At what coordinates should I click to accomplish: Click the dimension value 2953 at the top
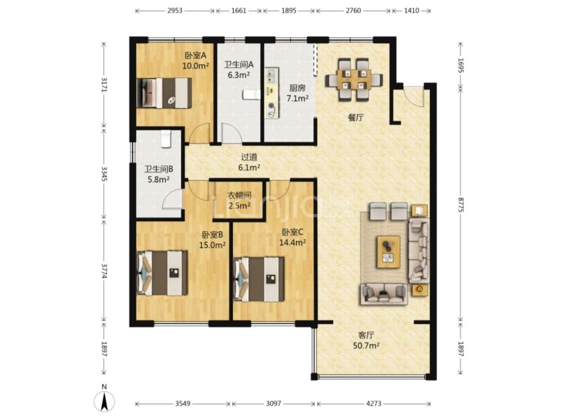click(175, 11)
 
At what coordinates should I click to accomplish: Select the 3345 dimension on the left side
click(104, 174)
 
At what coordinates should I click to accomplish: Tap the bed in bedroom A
click(164, 93)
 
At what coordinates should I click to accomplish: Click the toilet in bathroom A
click(251, 95)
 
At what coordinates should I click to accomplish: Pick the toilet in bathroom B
click(166, 139)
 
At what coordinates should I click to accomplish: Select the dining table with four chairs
click(354, 80)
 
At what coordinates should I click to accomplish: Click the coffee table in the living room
click(389, 252)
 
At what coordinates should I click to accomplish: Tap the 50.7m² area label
click(366, 346)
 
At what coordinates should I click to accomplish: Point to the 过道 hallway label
click(249, 157)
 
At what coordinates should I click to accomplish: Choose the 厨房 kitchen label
click(297, 88)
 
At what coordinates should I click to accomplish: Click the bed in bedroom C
click(259, 279)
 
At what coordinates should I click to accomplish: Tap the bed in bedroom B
click(162, 273)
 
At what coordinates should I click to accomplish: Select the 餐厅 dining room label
click(355, 117)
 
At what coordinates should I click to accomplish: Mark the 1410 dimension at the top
click(411, 11)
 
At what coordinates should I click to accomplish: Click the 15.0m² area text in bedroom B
click(212, 245)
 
